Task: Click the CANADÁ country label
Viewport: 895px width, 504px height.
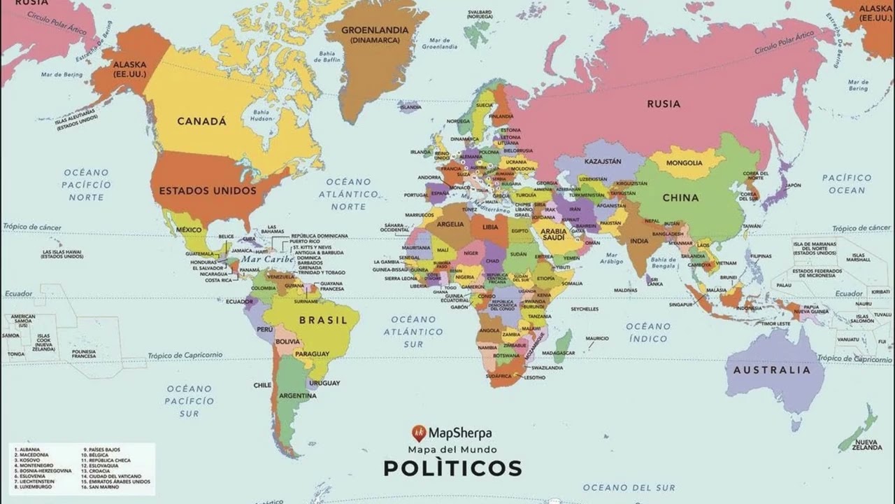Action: (201, 121)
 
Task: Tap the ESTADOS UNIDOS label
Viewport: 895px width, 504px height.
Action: (208, 190)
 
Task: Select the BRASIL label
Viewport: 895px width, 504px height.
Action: (323, 321)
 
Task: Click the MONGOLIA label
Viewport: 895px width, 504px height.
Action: (684, 163)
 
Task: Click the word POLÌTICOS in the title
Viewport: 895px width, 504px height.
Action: (452, 468)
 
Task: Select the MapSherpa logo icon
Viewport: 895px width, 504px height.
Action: (419, 433)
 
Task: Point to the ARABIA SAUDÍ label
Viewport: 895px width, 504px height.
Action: (554, 234)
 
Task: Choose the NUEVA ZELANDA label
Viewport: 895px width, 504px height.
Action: (867, 445)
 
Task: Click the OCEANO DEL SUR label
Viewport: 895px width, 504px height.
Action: (629, 487)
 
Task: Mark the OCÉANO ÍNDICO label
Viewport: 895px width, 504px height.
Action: (647, 332)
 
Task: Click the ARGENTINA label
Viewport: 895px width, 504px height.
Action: (299, 396)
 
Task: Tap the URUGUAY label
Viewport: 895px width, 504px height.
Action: (324, 384)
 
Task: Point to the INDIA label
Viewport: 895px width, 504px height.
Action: (638, 241)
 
